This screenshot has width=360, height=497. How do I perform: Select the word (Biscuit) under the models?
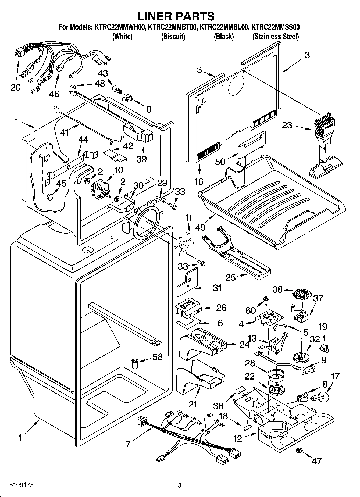(x=173, y=37)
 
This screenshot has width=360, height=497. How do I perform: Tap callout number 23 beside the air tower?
(x=287, y=125)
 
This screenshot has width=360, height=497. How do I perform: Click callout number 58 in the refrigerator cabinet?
(x=157, y=357)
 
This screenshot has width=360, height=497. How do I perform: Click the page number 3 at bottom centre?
(x=180, y=485)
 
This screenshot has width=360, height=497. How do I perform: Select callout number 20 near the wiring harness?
(x=16, y=87)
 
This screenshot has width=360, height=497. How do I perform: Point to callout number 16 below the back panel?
(x=199, y=181)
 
